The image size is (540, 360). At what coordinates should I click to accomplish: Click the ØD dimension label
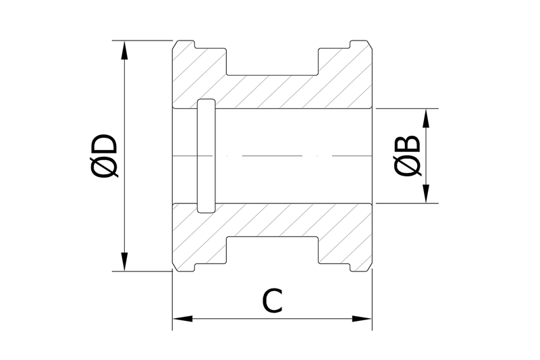point(103,155)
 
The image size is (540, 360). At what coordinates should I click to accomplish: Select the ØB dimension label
point(407,155)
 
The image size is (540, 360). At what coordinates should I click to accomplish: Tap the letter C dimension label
point(273,301)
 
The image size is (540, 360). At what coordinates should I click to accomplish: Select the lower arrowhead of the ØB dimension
point(426,194)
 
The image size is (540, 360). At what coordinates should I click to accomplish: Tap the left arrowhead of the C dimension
point(182,319)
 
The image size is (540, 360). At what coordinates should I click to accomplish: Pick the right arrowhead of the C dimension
point(362,319)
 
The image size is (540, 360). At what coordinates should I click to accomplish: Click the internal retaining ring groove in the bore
point(207,156)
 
